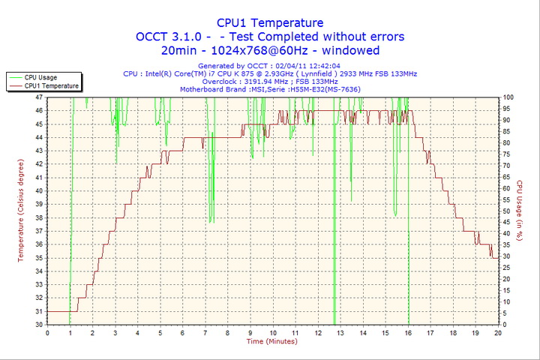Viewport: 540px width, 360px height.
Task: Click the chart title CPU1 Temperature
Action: [270, 22]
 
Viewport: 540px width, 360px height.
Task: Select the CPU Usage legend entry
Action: [40, 77]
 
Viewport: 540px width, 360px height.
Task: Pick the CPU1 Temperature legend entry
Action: [51, 85]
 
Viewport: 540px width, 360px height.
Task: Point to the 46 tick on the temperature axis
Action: [39, 110]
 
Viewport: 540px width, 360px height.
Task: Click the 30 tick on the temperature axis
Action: [39, 325]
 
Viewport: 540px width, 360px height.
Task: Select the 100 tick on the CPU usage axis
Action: [508, 97]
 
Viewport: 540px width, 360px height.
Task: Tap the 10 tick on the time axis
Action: [272, 332]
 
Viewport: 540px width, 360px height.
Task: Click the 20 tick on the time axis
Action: [498, 332]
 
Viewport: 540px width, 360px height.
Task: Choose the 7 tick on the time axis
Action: [205, 332]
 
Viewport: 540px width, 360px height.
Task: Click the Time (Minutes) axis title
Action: [271, 341]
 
